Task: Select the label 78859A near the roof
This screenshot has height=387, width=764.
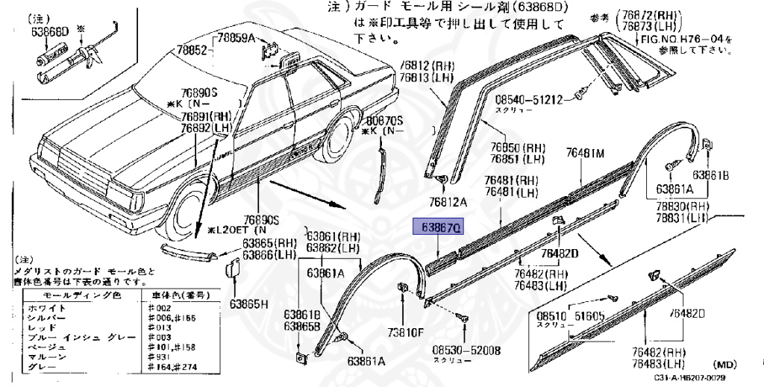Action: pos(235,37)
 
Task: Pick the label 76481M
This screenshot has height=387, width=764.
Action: pos(584,153)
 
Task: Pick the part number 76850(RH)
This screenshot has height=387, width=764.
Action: pos(517,147)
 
